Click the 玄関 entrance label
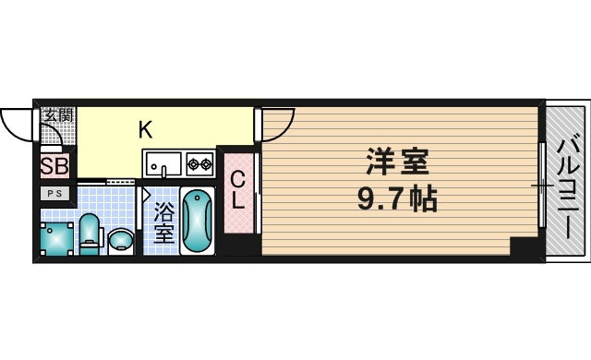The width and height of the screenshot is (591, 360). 58,115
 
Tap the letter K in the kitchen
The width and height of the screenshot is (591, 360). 146,130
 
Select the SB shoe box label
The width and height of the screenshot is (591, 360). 54,166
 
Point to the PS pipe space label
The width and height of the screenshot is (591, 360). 54,194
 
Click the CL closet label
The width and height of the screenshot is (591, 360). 238,191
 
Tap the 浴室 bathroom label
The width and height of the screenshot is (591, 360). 164,222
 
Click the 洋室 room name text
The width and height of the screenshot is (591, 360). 397,162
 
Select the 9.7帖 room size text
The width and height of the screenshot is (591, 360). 397,199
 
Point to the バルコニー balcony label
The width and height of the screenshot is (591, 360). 569,189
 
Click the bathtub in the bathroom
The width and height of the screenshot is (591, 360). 197,221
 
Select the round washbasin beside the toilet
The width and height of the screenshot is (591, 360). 121,241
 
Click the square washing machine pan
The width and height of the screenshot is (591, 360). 56,239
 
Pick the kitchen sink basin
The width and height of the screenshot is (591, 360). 164,163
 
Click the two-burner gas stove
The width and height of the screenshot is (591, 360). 199,163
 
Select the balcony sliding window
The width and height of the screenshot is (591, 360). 542,185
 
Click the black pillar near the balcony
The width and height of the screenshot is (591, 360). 525,246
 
